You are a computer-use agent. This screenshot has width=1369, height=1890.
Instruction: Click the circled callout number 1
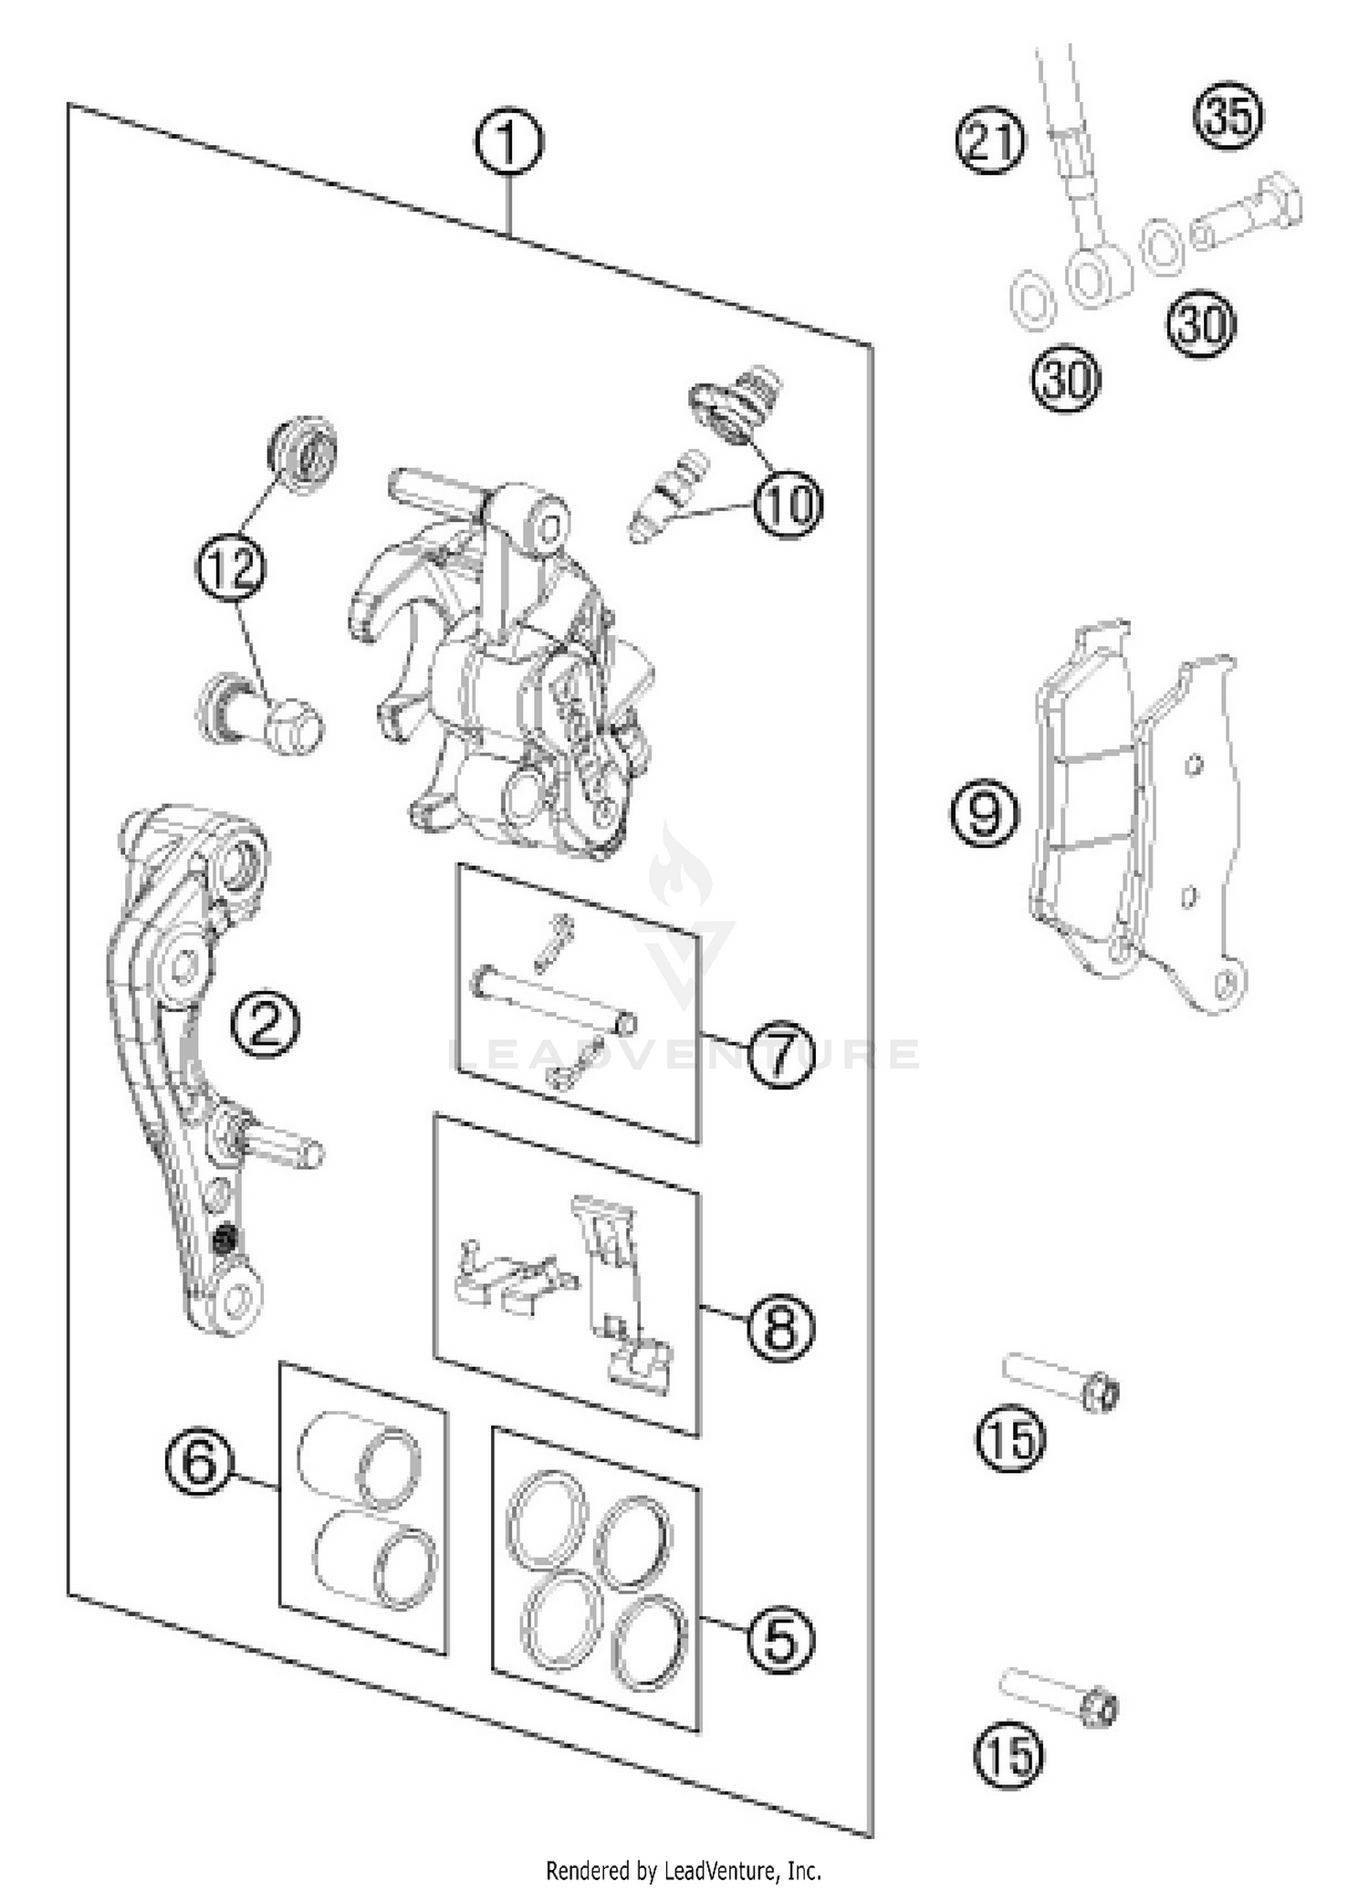click(508, 143)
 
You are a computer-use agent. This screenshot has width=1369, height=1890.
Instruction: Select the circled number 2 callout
click(264, 1025)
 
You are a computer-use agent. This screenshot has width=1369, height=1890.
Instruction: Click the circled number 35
click(1228, 116)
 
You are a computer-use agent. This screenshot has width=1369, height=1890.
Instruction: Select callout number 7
click(782, 1056)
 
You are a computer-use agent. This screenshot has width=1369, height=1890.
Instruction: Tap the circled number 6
click(199, 1463)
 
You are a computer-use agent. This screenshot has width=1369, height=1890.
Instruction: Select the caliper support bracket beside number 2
click(187, 1049)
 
